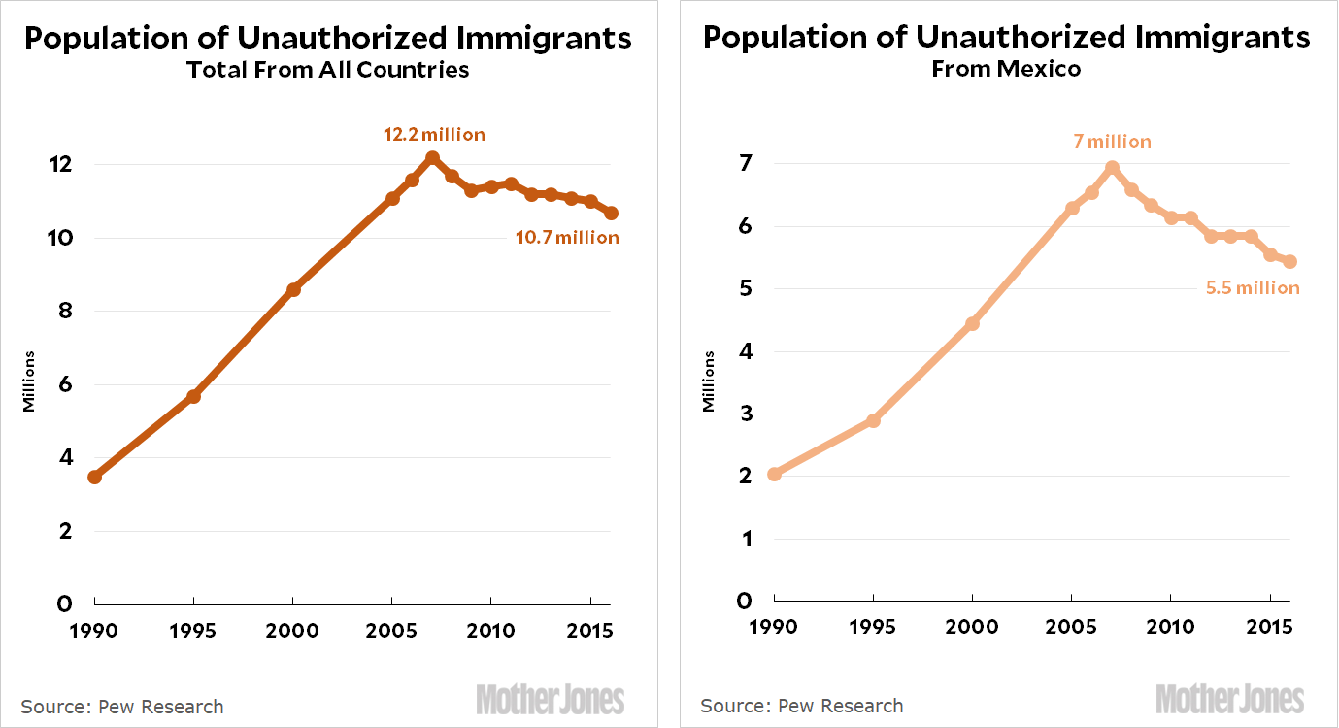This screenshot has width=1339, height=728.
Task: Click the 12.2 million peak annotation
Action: click(x=434, y=135)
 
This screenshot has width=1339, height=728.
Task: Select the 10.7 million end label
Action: click(x=567, y=238)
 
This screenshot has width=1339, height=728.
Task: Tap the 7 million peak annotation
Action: click(x=1112, y=142)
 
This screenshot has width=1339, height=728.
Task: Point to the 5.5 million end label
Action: click(x=1252, y=288)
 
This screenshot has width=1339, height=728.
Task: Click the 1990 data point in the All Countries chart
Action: click(x=94, y=477)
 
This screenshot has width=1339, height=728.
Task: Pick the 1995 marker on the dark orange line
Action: click(x=193, y=396)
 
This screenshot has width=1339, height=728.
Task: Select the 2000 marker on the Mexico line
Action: click(x=972, y=323)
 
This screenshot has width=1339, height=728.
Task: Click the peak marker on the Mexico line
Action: click(x=1112, y=168)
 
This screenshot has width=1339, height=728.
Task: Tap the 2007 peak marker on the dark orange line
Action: click(x=432, y=157)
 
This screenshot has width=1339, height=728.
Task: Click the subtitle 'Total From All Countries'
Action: click(x=327, y=70)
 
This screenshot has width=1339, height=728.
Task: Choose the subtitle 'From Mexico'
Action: click(x=1006, y=70)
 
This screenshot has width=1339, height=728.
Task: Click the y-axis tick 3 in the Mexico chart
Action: click(x=744, y=414)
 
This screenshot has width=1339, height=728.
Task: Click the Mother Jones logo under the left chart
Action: click(x=550, y=699)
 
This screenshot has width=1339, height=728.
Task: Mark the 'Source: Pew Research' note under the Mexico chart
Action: click(x=801, y=706)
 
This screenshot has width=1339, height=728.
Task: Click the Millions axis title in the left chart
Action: click(x=29, y=381)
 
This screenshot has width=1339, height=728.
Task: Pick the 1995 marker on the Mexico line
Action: click(x=873, y=420)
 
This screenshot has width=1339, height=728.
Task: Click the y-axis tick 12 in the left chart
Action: click(x=60, y=165)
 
